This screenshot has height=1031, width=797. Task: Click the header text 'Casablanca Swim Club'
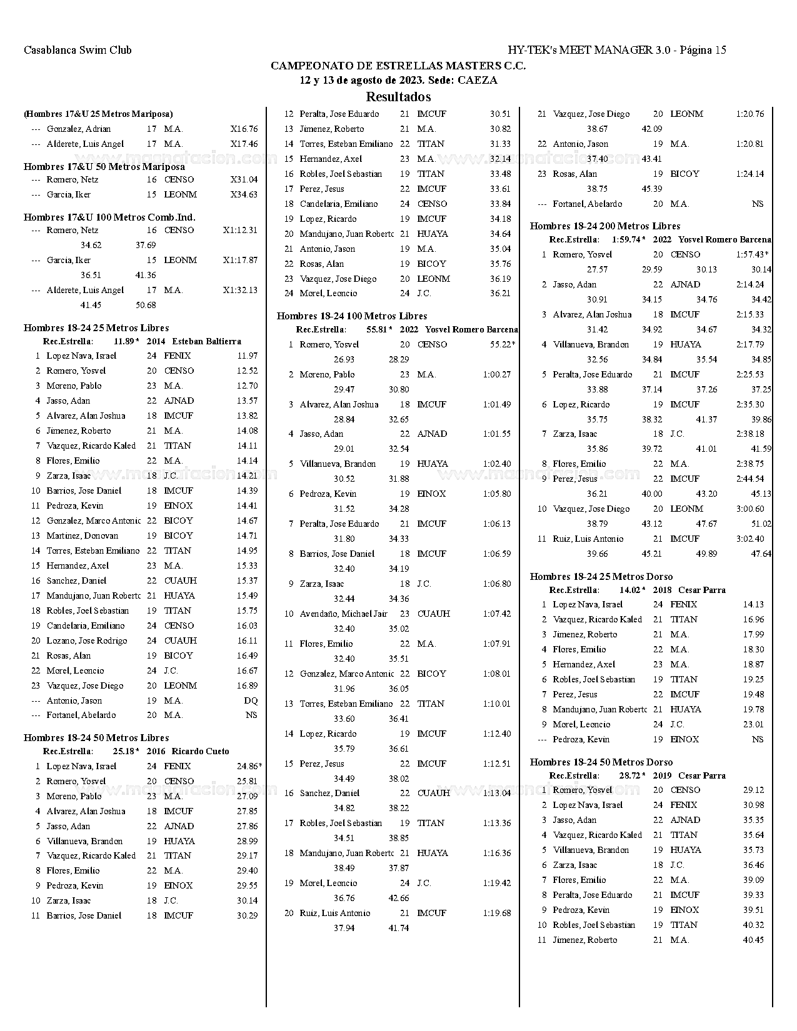78,50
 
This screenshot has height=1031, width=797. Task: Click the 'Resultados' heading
398,97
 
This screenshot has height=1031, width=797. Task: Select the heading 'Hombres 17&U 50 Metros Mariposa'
104,167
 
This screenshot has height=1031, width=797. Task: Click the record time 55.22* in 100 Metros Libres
503,344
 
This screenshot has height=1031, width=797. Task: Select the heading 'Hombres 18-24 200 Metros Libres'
604,226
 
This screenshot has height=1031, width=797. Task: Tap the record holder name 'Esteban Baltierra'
206,341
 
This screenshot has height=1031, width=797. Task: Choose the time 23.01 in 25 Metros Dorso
753,724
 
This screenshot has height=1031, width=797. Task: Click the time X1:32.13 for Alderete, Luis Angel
240,290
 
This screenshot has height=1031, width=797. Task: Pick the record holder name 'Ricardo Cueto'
200,751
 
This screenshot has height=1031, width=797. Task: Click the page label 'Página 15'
703,50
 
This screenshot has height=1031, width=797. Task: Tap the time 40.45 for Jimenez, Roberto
753,940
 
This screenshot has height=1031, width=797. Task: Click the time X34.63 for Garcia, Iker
244,194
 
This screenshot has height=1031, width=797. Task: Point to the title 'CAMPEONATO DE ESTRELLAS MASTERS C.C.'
398,66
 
